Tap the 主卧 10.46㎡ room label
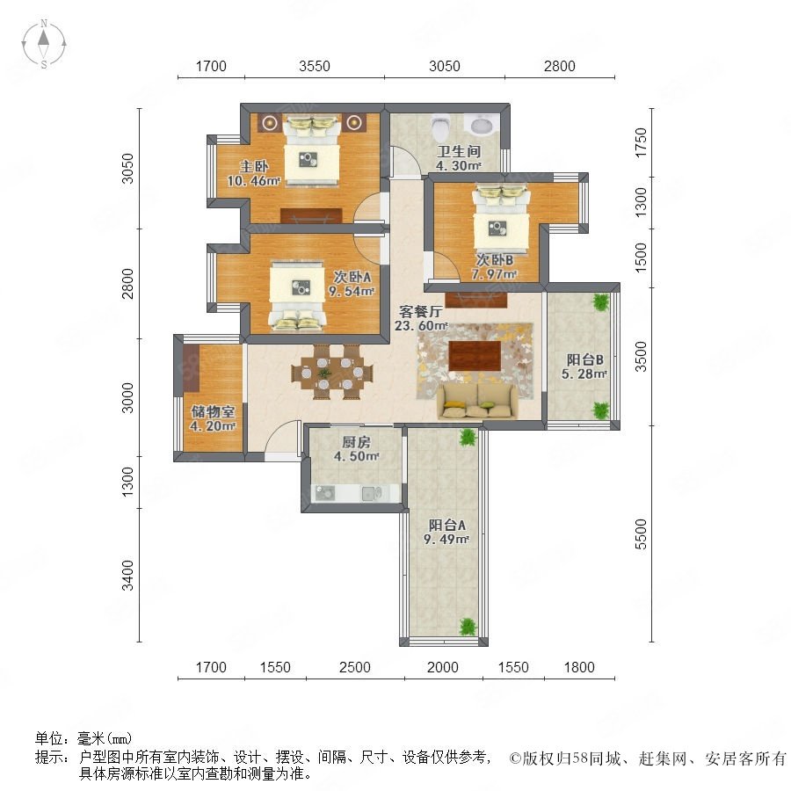(x=253, y=173)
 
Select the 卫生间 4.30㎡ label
(x=459, y=158)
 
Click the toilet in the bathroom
(x=441, y=128)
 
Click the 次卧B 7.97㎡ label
(x=494, y=267)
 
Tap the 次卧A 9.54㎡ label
(x=351, y=284)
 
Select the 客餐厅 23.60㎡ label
(x=421, y=318)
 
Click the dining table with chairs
(x=332, y=373)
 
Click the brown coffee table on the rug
(x=475, y=355)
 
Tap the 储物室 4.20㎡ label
(x=213, y=418)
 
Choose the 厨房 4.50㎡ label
(x=356, y=449)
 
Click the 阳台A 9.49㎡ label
(x=446, y=532)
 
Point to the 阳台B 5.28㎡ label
(x=584, y=366)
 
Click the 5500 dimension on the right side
(x=640, y=533)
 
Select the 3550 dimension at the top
(x=315, y=66)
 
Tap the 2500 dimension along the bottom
(x=355, y=667)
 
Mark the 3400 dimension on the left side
(x=127, y=575)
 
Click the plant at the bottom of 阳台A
(x=468, y=627)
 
